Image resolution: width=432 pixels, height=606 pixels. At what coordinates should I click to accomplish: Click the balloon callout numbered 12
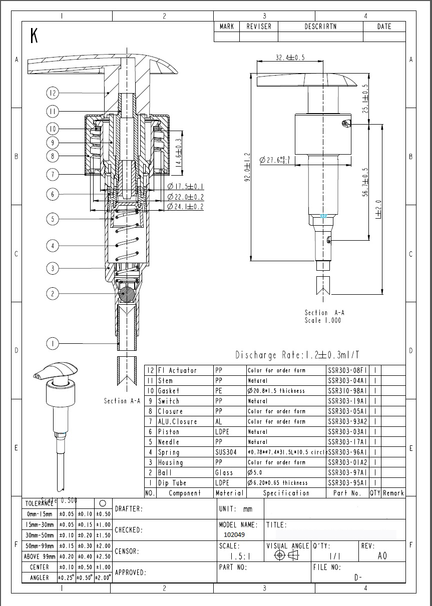pyautogui.click(x=53, y=93)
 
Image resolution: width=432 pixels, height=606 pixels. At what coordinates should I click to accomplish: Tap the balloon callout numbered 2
pyautogui.click(x=53, y=294)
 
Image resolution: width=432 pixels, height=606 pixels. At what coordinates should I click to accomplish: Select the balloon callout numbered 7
pyautogui.click(x=53, y=175)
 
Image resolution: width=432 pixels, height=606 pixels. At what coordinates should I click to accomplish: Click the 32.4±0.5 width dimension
pyautogui.click(x=290, y=58)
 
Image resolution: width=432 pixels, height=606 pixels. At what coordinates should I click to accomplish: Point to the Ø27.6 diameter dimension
pyautogui.click(x=275, y=160)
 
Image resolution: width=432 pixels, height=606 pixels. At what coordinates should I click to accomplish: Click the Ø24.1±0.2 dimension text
pyautogui.click(x=185, y=207)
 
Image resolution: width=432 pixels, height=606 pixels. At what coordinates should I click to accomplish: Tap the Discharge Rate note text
pyautogui.click(x=297, y=355)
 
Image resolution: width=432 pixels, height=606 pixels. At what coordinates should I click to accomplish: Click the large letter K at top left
pyautogui.click(x=34, y=36)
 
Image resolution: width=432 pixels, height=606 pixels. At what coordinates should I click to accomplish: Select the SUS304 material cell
pyautogui.click(x=226, y=452)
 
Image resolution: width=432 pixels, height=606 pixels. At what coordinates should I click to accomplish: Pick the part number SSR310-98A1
pyautogui.click(x=347, y=391)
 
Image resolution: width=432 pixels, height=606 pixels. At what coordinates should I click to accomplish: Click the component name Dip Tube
pyautogui.click(x=172, y=483)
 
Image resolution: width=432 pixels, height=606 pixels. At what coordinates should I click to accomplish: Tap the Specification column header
pyautogui.click(x=286, y=493)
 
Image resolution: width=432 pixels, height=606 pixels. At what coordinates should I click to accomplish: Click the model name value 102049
pyautogui.click(x=234, y=534)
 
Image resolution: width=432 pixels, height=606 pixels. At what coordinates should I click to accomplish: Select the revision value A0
pyautogui.click(x=382, y=555)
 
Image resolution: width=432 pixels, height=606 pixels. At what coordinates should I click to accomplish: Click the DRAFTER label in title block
pyautogui.click(x=129, y=509)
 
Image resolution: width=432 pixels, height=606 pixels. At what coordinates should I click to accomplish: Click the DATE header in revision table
pyautogui.click(x=384, y=27)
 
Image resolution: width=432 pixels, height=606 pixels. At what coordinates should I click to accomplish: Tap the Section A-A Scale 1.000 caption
pyautogui.click(x=324, y=316)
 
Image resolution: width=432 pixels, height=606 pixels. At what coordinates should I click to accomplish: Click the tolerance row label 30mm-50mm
pyautogui.click(x=40, y=535)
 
